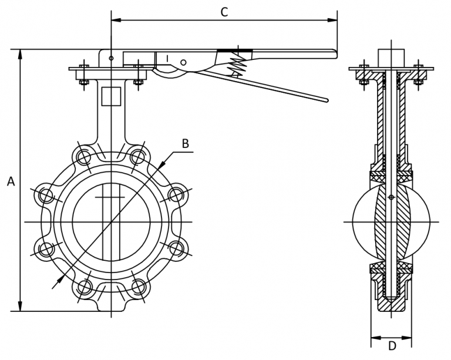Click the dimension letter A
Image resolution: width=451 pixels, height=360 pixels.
click(11, 182)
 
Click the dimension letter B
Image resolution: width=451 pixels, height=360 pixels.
click(185, 143)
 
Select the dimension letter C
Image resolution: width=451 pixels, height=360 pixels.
click(224, 12)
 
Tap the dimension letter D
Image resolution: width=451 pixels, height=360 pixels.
click(391, 346)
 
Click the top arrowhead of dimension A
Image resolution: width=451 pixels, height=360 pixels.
click(21, 53)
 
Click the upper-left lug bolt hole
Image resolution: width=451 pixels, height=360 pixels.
click(83, 157)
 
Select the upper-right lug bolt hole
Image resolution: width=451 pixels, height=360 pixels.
click(137, 157)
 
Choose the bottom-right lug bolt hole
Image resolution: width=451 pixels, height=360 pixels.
click(138, 287)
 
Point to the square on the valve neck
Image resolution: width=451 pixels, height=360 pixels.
click(110, 96)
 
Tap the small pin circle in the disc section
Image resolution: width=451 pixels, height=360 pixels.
click(391, 197)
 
